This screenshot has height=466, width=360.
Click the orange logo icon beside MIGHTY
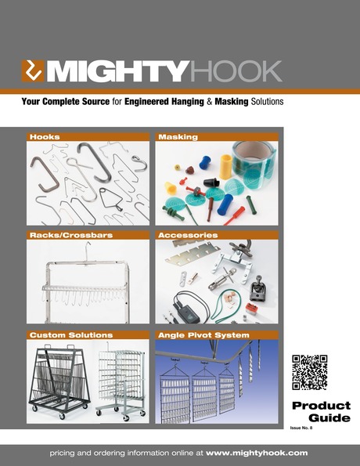tap(33, 71)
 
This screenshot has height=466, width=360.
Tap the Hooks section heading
tap(45, 137)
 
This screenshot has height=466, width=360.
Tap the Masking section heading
tap(178, 137)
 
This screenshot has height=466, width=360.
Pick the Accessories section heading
tap(187, 234)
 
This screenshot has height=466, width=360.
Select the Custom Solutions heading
tap(66, 335)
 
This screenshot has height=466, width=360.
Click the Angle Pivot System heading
tap(203, 335)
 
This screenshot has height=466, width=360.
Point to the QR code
tap(309, 373)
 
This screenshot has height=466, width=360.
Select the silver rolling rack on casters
tap(121, 379)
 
